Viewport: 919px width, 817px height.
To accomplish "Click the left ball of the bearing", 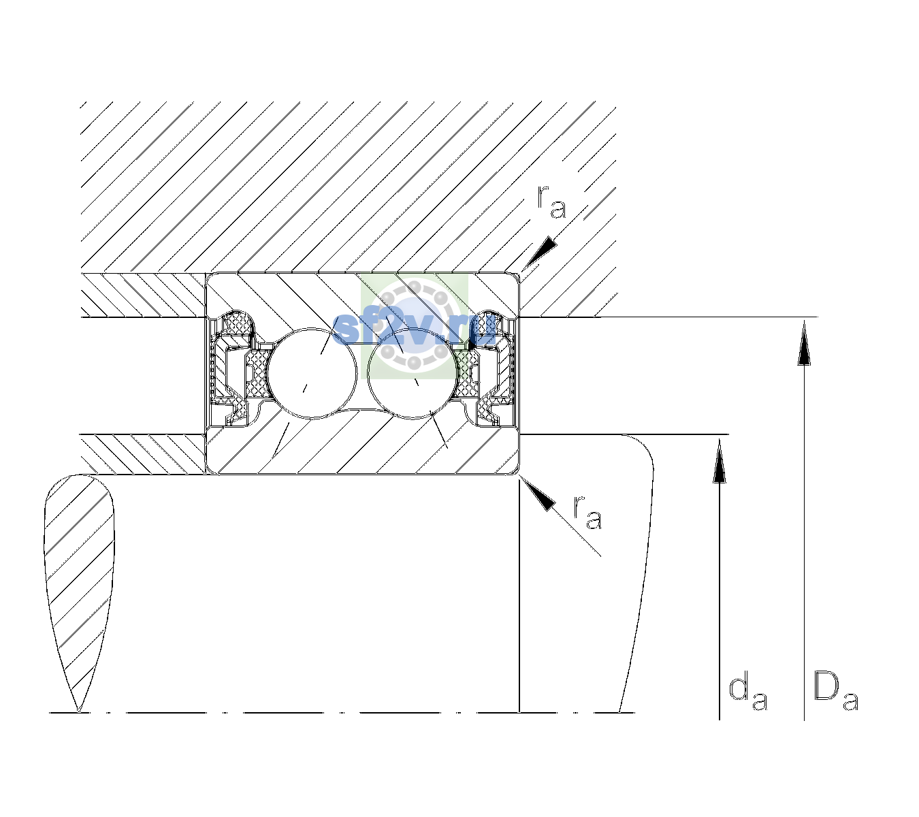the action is click(312, 373).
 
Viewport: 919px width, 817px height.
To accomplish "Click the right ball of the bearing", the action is click(413, 373).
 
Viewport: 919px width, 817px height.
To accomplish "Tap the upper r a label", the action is click(551, 202).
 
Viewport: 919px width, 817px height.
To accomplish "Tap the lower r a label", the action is click(588, 513).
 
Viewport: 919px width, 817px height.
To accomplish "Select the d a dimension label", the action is click(748, 694).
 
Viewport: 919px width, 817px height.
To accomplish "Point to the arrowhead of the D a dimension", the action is click(804, 342).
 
